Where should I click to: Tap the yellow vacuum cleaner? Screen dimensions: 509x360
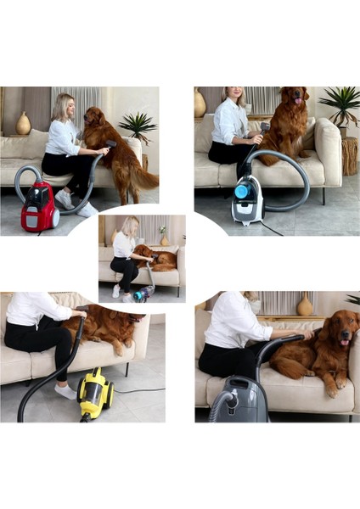coord(94,392)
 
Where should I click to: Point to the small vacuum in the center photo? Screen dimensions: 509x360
coord(143,293)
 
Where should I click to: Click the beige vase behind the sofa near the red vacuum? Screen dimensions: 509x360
coord(23,123)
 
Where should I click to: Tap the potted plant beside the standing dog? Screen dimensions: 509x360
coord(138,126)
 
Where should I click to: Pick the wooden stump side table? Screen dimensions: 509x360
coord(349,155)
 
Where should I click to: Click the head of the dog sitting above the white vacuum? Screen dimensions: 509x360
coord(294,101)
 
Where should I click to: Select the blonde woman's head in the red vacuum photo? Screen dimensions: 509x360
coord(64,107)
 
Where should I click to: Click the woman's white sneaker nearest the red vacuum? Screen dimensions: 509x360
coord(64,199)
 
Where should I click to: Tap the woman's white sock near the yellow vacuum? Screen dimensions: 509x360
coord(66,391)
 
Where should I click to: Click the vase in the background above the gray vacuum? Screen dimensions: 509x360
coord(304,306)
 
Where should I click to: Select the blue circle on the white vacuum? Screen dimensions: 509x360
coord(241,192)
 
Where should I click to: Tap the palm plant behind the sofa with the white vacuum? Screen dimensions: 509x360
coord(341,103)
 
